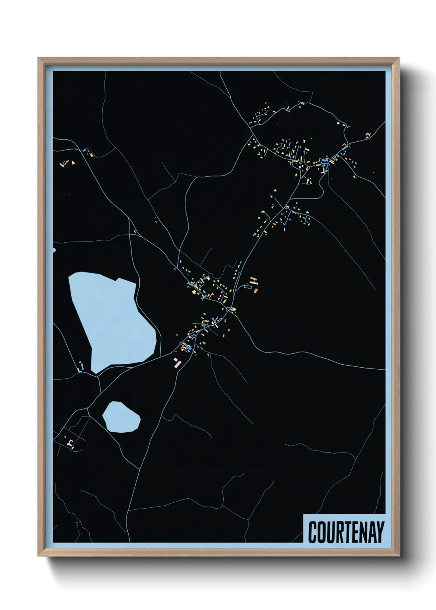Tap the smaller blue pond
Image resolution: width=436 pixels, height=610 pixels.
click(121, 417)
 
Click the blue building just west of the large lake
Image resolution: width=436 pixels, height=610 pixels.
click(82, 365)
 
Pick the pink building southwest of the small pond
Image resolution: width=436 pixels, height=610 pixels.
click(70, 443)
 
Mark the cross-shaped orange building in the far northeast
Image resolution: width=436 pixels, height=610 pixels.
click(368, 134)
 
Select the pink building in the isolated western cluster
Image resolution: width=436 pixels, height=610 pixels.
click(63, 164)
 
